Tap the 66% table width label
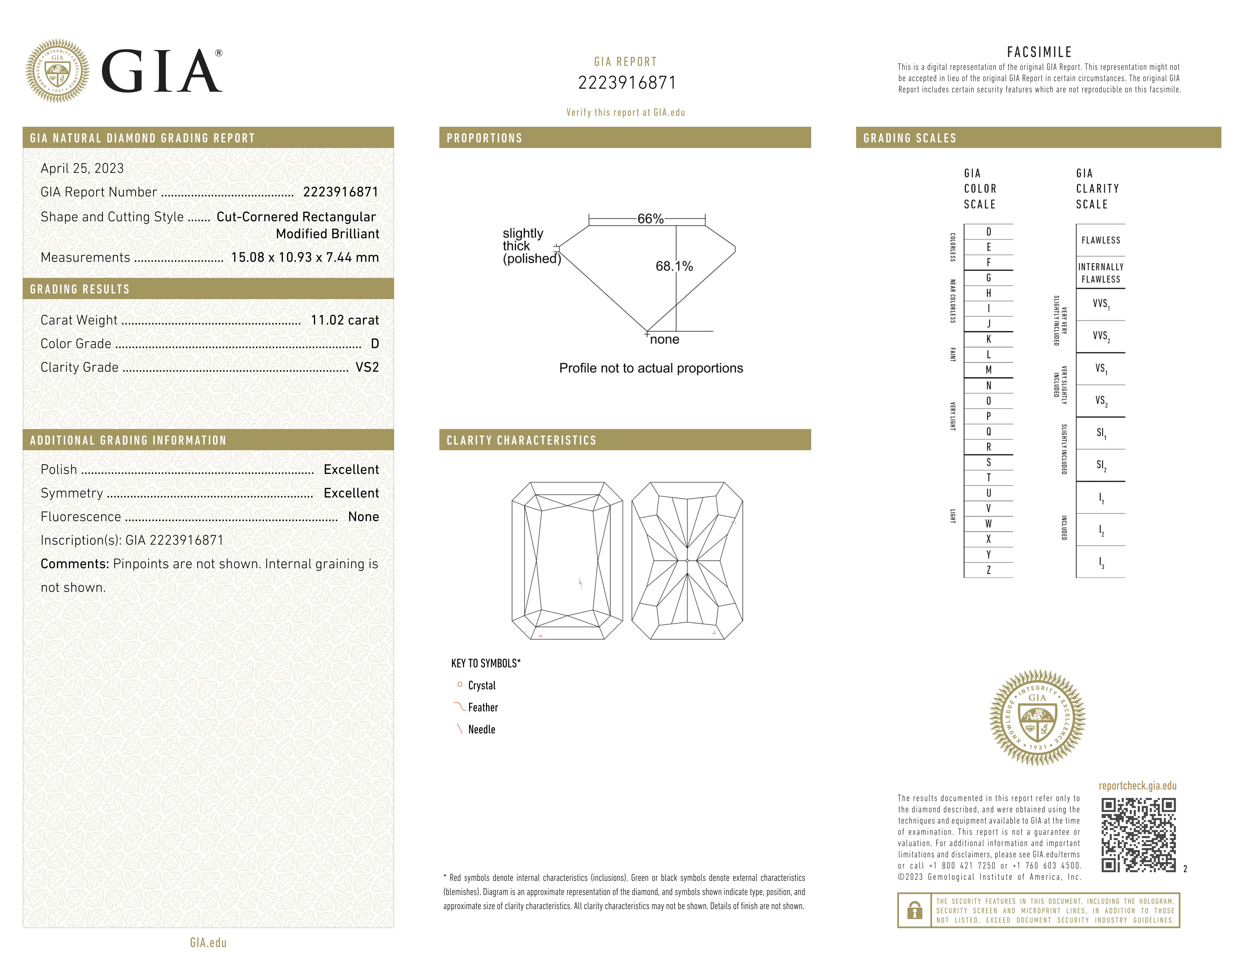click(x=651, y=219)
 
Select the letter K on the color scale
click(x=988, y=339)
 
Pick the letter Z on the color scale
click(x=988, y=570)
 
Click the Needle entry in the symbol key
click(x=481, y=730)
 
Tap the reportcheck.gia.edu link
click(x=1137, y=786)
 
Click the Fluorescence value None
click(x=363, y=517)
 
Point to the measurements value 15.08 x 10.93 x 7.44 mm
click(x=305, y=258)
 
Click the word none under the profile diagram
click(x=665, y=340)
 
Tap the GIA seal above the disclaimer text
click(x=1037, y=717)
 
